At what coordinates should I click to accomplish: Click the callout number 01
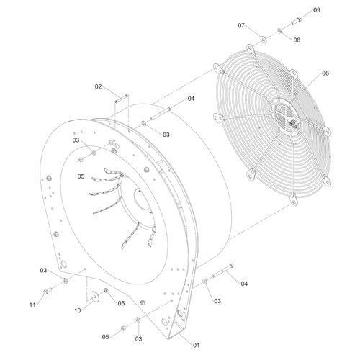coord(197,345)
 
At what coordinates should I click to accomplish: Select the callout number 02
coord(98,86)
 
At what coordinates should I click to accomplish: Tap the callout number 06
coord(325,73)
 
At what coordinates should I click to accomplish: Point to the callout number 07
coord(241,25)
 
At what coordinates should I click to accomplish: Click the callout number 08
coord(297,40)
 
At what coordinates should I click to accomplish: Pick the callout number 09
coord(317,10)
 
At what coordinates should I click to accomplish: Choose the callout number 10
coord(78,310)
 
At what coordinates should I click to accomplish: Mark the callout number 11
coord(32,305)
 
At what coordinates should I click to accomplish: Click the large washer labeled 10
coord(95,297)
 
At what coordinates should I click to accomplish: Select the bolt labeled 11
coord(48,291)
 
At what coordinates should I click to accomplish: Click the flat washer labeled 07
coord(264,40)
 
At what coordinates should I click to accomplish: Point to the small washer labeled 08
coord(279,30)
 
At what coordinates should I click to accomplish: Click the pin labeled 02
coord(122,99)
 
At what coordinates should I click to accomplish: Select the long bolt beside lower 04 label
coord(223,271)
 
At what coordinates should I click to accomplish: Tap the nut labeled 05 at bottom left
coord(123,328)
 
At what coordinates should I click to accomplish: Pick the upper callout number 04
coord(191,99)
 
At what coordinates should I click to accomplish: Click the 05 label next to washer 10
coord(121,303)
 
